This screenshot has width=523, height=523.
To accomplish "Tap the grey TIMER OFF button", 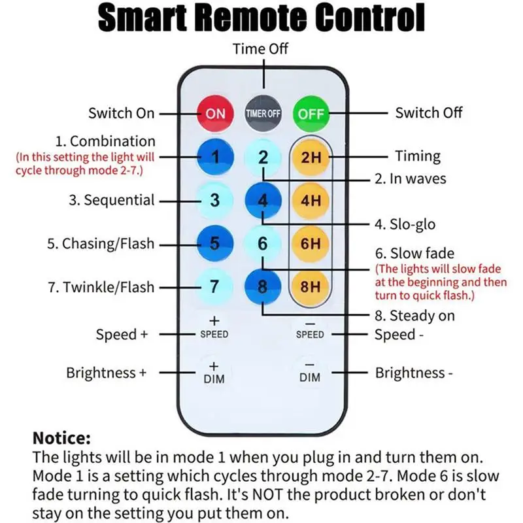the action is [263, 114].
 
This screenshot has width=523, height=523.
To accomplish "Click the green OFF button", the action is [311, 114].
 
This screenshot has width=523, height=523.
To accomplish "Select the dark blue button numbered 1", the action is [215, 157].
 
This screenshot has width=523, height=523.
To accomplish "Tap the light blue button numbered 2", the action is [263, 157].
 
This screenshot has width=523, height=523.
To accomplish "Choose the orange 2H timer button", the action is [311, 157].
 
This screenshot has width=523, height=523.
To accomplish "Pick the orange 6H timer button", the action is [311, 243].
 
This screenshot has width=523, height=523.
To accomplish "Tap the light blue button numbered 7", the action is [214, 286].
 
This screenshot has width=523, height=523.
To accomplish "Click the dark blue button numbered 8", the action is [263, 286].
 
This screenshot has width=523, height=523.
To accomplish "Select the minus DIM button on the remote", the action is [310, 372].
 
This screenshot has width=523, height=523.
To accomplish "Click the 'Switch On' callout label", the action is [122, 113].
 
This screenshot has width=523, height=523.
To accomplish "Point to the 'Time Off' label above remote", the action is [260, 48].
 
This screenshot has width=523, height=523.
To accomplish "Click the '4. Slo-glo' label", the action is [405, 224].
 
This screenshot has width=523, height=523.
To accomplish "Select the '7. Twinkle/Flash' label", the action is [101, 287].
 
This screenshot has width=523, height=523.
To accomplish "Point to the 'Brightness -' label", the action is [414, 373].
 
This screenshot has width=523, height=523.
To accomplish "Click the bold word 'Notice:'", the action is [61, 438].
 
